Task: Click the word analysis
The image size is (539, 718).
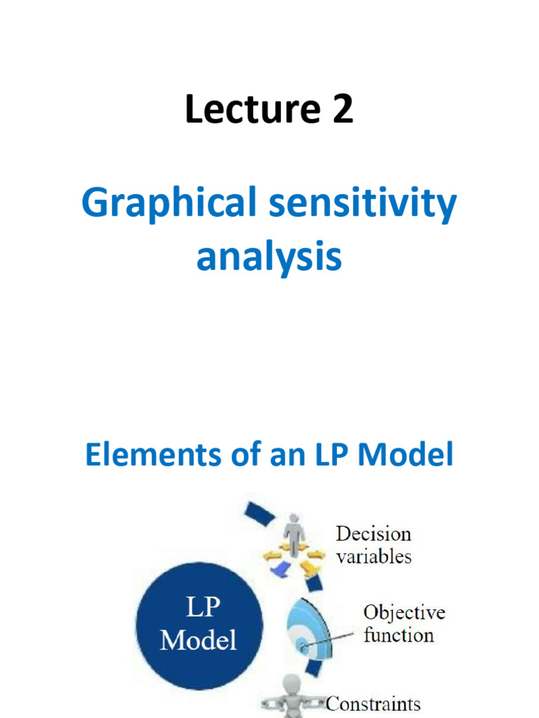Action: [269, 257]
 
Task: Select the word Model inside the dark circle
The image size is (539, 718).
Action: [199, 639]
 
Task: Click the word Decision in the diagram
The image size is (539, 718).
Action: [373, 534]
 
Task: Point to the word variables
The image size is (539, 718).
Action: [373, 557]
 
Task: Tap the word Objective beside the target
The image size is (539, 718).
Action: [404, 612]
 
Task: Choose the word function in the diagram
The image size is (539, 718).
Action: [398, 635]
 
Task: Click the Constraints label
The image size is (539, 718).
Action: [373, 703]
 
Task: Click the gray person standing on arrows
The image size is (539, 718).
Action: [293, 533]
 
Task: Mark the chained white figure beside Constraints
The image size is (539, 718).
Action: [291, 698]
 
